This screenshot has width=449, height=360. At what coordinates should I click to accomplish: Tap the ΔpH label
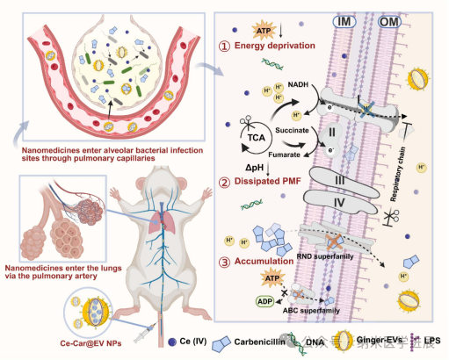point(230,166)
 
